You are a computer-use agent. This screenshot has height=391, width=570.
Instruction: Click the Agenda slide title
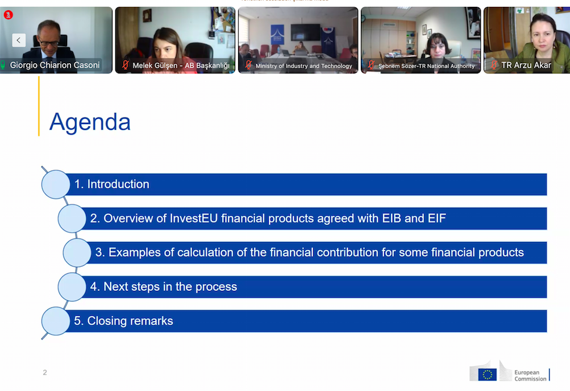click(90, 122)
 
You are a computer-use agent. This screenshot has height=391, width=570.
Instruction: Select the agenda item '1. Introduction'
click(111, 184)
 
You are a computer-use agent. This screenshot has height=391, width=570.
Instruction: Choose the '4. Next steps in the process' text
click(164, 287)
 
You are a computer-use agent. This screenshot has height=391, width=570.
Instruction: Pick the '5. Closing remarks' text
click(123, 321)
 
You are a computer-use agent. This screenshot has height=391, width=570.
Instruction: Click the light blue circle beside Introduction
click(56, 184)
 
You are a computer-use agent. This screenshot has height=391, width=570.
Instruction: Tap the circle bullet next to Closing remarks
click(56, 321)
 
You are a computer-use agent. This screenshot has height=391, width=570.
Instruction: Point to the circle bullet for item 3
click(77, 253)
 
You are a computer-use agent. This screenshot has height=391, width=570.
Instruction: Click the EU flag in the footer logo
click(487, 374)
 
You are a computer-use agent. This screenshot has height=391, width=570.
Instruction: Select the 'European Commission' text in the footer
click(530, 375)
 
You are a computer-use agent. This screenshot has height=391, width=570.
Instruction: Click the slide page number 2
click(45, 372)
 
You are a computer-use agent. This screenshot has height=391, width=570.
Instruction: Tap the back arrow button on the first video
click(19, 40)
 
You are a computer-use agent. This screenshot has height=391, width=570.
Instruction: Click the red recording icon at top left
click(9, 15)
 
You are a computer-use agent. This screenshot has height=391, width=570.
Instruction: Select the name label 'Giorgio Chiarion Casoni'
click(55, 65)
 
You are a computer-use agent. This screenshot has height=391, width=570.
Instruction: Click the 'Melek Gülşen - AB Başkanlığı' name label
click(181, 65)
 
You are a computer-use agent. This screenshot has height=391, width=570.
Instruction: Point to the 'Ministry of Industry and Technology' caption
click(304, 66)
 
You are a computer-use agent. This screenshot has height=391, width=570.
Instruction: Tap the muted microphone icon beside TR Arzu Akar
click(494, 65)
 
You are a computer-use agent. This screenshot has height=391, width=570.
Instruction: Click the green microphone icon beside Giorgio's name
click(3, 65)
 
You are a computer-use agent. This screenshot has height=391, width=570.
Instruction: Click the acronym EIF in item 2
click(436, 219)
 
